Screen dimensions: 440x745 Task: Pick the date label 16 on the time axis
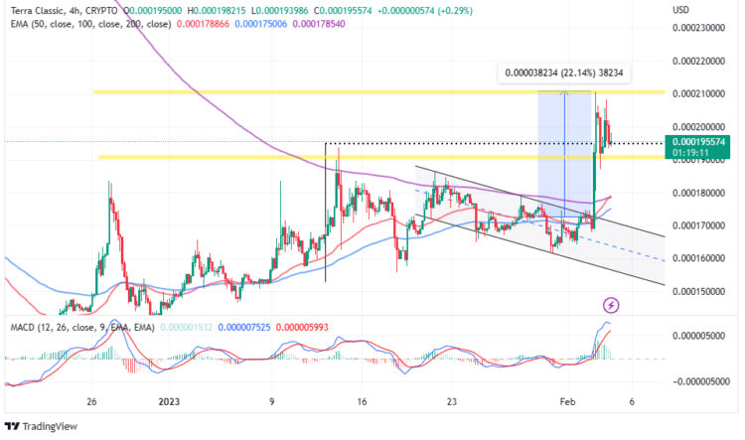pyautogui.click(x=362, y=402)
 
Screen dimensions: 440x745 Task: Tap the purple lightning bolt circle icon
pyautogui.click(x=612, y=304)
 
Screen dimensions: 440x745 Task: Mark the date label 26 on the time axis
pyautogui.click(x=91, y=402)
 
